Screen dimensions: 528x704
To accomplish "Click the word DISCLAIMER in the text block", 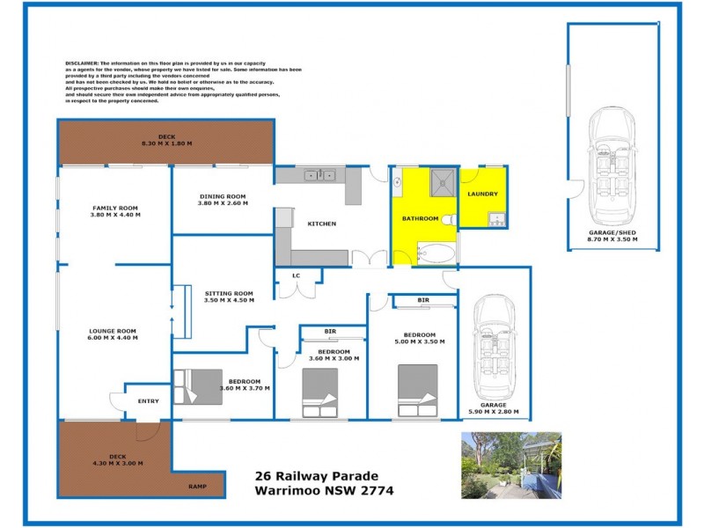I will pos(82,64).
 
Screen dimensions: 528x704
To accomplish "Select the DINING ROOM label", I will pos(222,196).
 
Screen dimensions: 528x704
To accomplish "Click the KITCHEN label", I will pos(321,224).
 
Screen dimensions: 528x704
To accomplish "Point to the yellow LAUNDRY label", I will pos(483,194).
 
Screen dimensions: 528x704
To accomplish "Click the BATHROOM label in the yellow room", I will pos(420,217).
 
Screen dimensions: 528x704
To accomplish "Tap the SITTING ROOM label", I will pos(229,293).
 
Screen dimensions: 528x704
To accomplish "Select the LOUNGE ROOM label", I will pos(116,331).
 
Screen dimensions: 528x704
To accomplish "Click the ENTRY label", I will pos(149,401).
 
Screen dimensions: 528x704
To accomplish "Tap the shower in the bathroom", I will pos(441,184).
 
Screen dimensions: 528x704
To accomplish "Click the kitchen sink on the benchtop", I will pos(318,175).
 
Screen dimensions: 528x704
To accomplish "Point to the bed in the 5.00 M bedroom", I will pos(417,390).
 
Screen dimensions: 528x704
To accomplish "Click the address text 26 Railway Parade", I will pos(310,476).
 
